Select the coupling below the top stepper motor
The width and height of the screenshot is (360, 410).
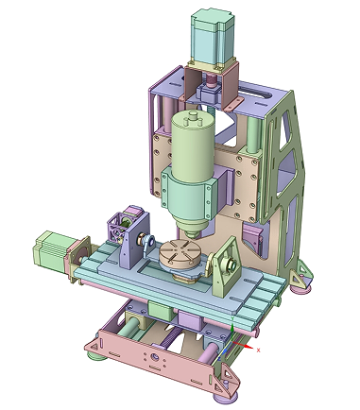pos(211,90)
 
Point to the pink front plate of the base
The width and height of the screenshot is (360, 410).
pos(151,359)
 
